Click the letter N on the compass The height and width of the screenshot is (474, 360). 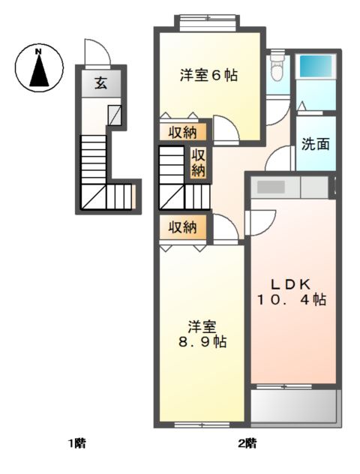(38, 52)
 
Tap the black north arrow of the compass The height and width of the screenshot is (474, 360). (39, 70)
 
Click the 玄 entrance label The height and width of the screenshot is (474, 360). (101, 83)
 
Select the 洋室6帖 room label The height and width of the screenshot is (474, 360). (208, 75)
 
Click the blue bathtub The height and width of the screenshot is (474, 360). (315, 66)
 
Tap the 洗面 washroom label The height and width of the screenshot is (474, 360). (316, 144)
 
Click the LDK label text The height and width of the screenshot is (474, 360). (291, 284)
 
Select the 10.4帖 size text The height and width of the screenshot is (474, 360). (292, 300)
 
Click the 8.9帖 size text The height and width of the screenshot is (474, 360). (202, 342)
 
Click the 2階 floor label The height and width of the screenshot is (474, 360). (247, 443)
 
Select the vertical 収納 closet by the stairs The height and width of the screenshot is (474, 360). (198, 163)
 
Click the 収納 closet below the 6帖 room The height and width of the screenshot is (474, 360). (183, 132)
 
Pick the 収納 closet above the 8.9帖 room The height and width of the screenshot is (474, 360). (183, 227)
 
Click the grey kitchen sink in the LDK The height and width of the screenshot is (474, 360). (271, 187)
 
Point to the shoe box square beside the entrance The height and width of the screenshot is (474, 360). (115, 115)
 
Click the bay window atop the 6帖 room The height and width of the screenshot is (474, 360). (207, 23)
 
